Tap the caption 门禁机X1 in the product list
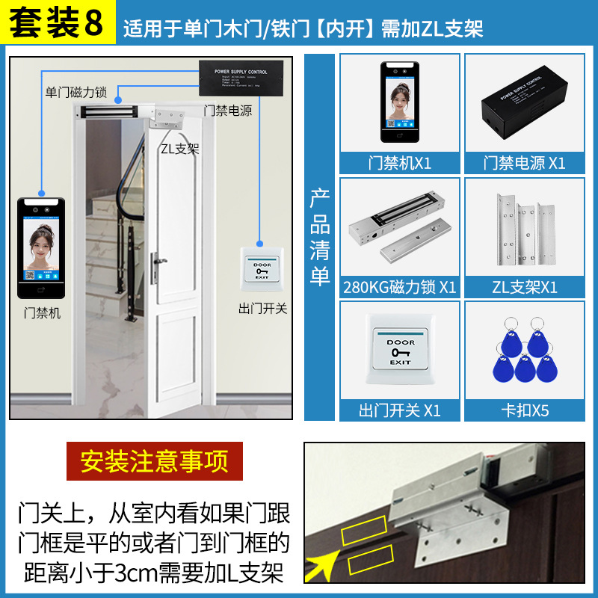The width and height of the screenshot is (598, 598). [400, 162]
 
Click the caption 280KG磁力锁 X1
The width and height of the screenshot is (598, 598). [400, 287]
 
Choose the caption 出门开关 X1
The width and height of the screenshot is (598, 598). [400, 410]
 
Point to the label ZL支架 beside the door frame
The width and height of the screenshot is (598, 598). [179, 148]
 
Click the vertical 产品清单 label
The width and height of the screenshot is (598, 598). [320, 238]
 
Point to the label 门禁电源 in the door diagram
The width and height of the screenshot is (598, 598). [228, 111]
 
